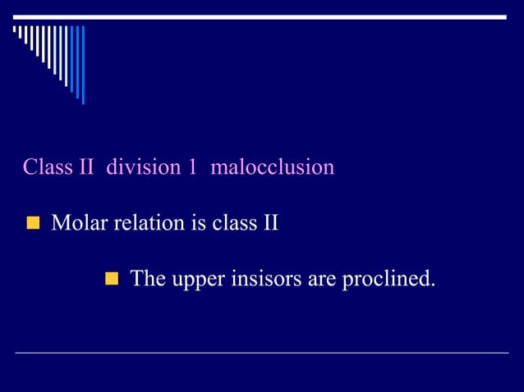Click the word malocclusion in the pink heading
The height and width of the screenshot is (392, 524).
[x=273, y=168]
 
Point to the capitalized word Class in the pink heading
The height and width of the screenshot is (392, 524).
[x=47, y=168]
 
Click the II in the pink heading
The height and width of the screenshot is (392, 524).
[x=86, y=168]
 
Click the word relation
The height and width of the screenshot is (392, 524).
[x=144, y=223]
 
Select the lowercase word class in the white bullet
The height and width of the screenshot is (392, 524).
[x=232, y=223]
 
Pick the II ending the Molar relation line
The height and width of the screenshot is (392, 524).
[x=269, y=223]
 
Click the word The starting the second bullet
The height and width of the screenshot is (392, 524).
[x=148, y=280]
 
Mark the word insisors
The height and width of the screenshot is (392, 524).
[x=266, y=280]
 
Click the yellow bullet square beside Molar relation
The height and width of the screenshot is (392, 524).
[x=33, y=224]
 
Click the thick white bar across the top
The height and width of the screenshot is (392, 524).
[x=262, y=16]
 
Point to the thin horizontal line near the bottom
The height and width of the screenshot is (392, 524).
[x=262, y=353]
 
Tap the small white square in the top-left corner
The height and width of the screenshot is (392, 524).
[x=15, y=29]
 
